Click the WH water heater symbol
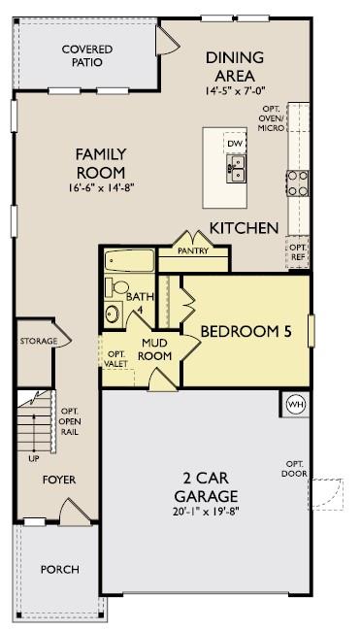click(x=294, y=404)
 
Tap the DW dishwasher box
click(x=235, y=144)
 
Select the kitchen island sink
click(x=236, y=172)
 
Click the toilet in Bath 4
click(x=115, y=286)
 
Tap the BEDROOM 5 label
click(x=245, y=332)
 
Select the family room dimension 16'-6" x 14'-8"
click(x=101, y=187)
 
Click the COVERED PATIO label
click(x=86, y=55)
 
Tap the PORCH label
click(x=59, y=569)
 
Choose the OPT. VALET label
click(x=116, y=358)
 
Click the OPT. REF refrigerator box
click(x=297, y=252)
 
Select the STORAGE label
click(x=39, y=342)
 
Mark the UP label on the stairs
click(x=35, y=457)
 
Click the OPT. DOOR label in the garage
click(x=295, y=468)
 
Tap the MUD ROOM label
click(x=156, y=349)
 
